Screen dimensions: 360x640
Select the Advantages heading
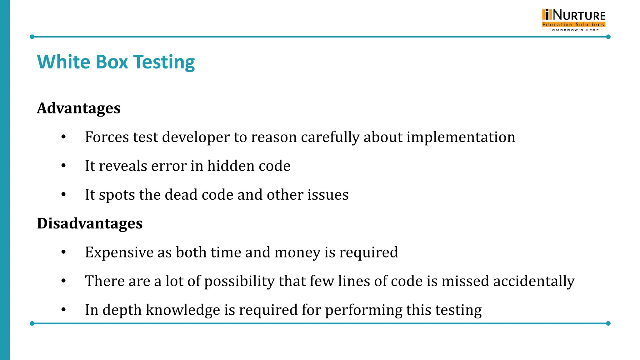(79, 108)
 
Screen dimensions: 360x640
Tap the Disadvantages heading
(90, 223)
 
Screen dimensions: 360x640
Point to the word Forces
(107, 137)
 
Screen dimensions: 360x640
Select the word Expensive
(119, 252)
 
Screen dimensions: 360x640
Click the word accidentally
(534, 281)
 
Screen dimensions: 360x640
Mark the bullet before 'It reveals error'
(64, 166)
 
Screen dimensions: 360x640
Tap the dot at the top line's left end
(32, 37)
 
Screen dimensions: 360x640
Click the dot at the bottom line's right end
(608, 323)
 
